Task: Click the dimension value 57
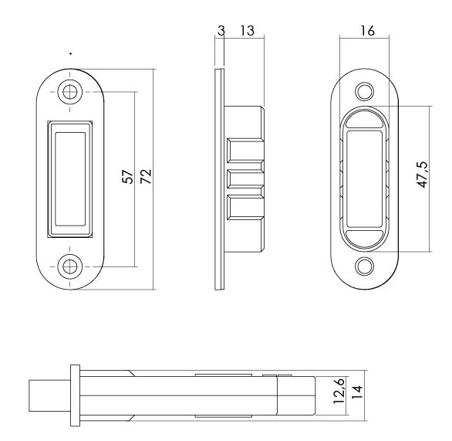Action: [x=129, y=176]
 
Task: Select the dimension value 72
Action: [x=146, y=176]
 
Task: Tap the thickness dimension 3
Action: [x=221, y=32]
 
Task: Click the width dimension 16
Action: [x=367, y=32]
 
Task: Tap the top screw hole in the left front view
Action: [x=71, y=90]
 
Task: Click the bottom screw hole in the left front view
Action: [x=71, y=266]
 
